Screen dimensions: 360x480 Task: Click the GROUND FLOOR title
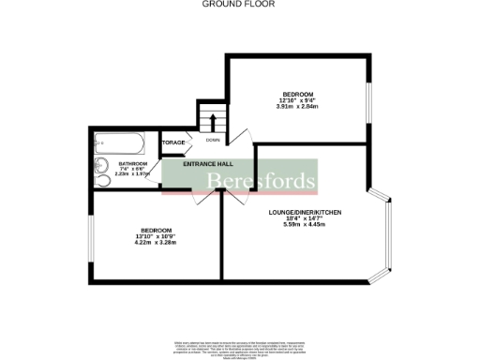tap(240, 5)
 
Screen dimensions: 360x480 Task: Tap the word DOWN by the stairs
tap(213, 141)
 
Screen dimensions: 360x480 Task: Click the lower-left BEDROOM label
tap(156, 231)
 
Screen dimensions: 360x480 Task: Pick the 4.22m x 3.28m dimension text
tap(156, 245)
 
